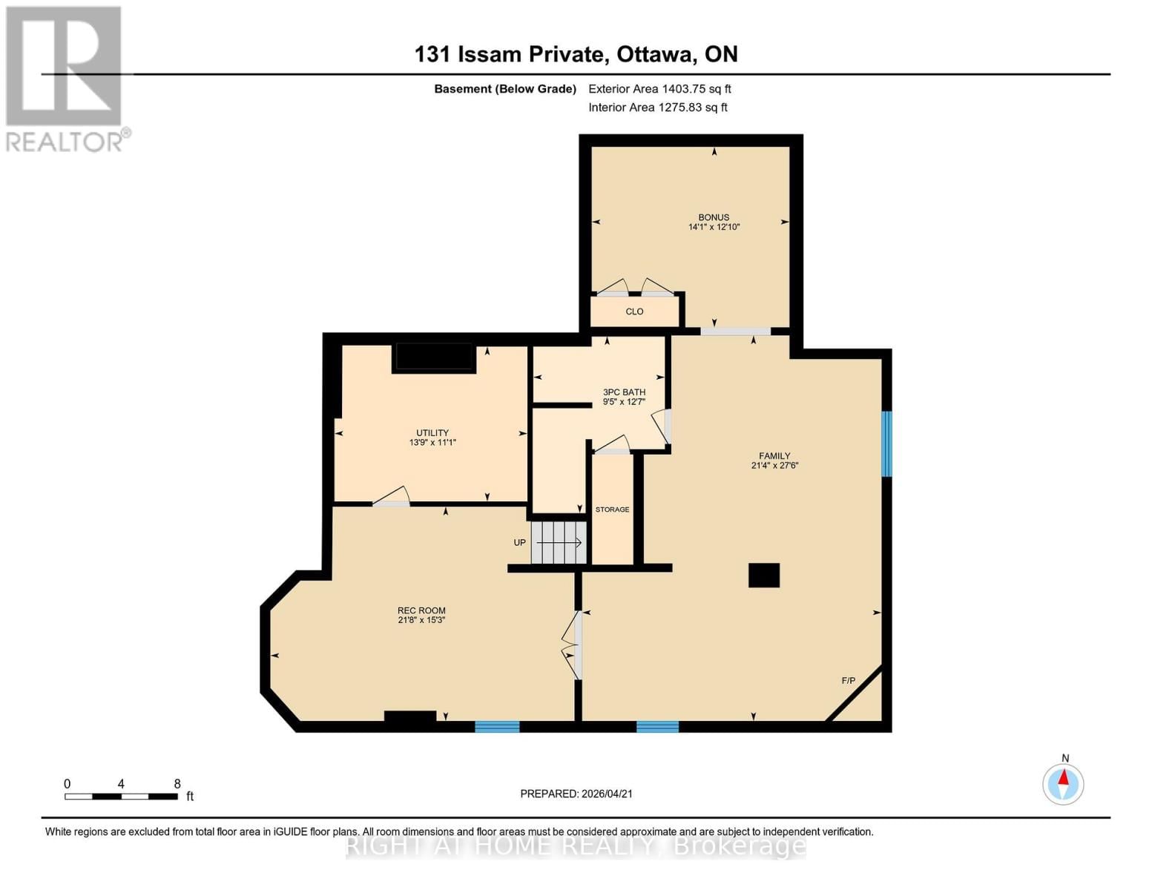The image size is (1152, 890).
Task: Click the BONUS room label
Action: coord(713,217)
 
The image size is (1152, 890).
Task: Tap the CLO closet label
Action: coord(634,311)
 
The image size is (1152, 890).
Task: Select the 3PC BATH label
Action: coord(624,392)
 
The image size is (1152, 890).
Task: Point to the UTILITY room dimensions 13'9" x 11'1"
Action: coord(432,443)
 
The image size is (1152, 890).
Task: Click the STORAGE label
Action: coord(612,510)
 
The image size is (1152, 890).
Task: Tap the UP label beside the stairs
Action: coord(520,543)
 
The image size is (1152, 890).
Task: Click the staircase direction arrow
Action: coord(559,543)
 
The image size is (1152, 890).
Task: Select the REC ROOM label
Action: coord(421,611)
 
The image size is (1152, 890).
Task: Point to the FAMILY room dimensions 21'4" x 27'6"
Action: coord(774,466)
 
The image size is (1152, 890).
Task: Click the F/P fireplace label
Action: coord(849,681)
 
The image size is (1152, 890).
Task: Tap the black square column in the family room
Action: coord(763,576)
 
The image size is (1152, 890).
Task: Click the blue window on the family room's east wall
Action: coord(886,444)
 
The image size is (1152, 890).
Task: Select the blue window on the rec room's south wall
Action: coord(497,727)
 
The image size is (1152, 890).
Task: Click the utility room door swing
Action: coord(392,497)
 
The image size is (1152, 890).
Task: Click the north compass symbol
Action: coord(1063,783)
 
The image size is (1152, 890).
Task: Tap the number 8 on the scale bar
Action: coord(177,784)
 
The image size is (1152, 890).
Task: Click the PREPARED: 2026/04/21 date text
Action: coord(576,794)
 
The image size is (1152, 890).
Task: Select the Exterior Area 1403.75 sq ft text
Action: coord(659,89)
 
